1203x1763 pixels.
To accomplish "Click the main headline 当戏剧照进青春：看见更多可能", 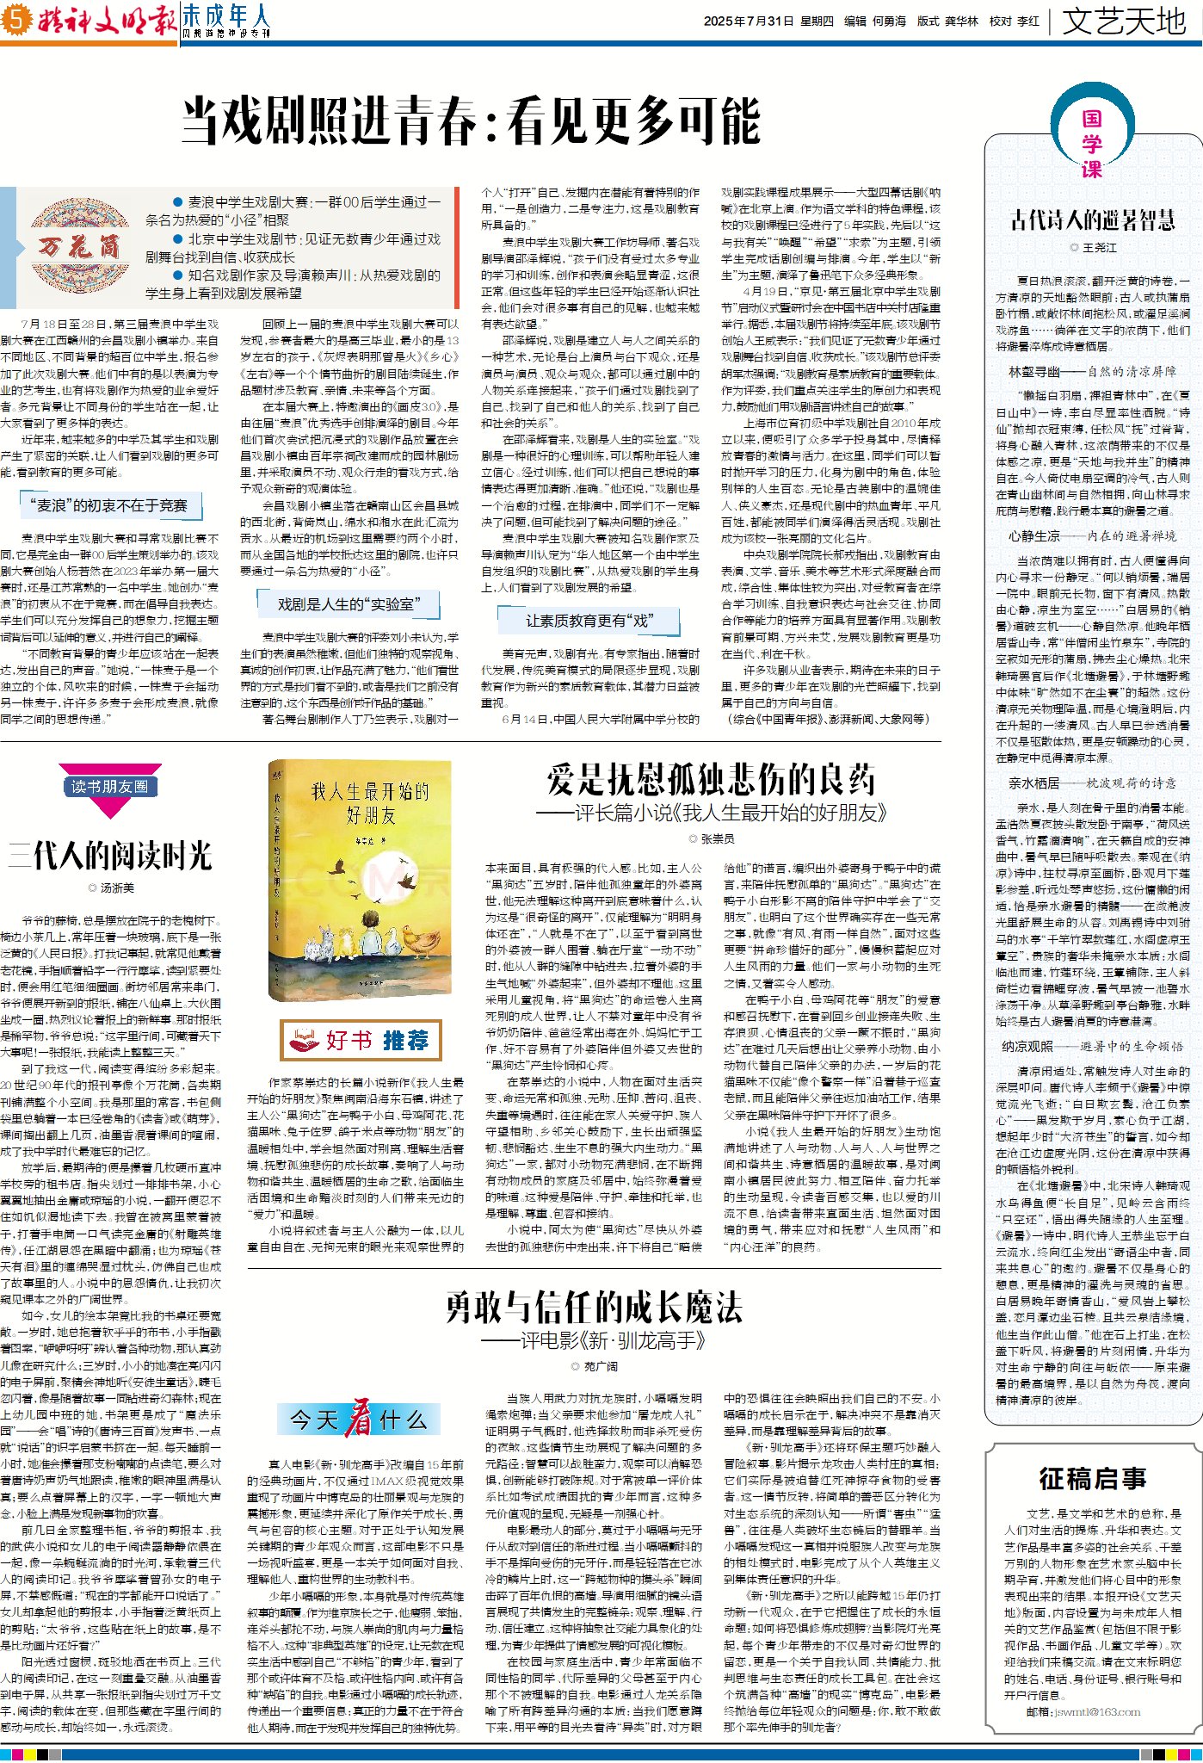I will (471, 121).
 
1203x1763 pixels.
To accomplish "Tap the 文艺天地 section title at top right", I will (1124, 21).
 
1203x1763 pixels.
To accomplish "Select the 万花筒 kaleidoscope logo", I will (78, 247).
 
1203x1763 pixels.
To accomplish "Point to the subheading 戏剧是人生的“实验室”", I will (348, 604).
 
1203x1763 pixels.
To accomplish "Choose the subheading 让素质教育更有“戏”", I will (589, 620).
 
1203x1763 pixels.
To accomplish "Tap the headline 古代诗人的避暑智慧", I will (1092, 220).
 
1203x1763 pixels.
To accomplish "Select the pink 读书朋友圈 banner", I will (110, 786).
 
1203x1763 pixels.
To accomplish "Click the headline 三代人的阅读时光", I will (110, 856).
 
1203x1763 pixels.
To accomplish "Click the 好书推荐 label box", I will (361, 1040).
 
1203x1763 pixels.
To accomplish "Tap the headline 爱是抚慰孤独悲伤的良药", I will (711, 780).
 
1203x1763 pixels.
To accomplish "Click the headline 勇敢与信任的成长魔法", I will (594, 1308).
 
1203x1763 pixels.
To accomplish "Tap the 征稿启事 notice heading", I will (1092, 1479).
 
